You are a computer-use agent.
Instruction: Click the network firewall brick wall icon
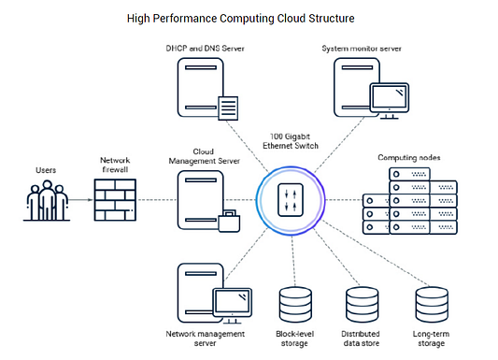coord(115,200)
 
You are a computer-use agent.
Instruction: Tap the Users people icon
coord(47,201)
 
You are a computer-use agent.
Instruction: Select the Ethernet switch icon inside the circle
coord(291,200)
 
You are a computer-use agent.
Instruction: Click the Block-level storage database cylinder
coord(295,305)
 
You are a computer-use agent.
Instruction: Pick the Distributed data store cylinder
coord(363,305)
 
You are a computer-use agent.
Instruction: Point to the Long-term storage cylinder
coord(432,305)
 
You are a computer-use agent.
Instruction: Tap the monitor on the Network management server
coord(232,306)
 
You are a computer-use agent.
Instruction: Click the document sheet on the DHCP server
coord(228,108)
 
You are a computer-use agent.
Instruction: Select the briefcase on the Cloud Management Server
coord(229,221)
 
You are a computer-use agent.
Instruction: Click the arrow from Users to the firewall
coord(80,200)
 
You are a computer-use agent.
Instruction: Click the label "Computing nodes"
coord(409,158)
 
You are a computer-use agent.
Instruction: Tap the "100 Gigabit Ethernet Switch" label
coord(291,141)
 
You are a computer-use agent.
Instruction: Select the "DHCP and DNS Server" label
coord(206,49)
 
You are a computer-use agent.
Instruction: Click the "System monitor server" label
coord(362,49)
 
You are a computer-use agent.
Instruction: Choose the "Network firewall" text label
coord(115,165)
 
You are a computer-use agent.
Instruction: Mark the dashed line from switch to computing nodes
coord(344,200)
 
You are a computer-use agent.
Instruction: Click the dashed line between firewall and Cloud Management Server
coord(157,200)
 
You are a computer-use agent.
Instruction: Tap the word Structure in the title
coord(332,19)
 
